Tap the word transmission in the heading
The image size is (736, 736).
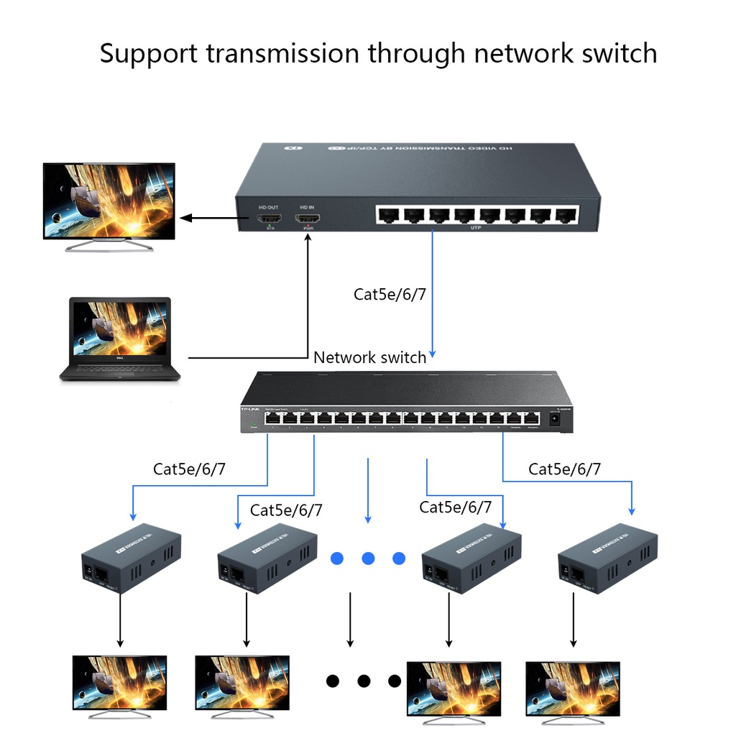[280, 53]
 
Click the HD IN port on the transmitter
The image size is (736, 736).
[308, 218]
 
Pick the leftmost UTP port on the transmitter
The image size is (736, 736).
[387, 213]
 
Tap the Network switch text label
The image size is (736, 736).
[369, 357]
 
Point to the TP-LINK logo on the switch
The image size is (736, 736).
[250, 410]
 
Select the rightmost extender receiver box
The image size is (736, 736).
[607, 558]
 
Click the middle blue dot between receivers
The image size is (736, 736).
[368, 558]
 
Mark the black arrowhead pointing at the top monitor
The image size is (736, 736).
[185, 218]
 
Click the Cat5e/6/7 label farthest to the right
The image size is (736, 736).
[565, 469]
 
